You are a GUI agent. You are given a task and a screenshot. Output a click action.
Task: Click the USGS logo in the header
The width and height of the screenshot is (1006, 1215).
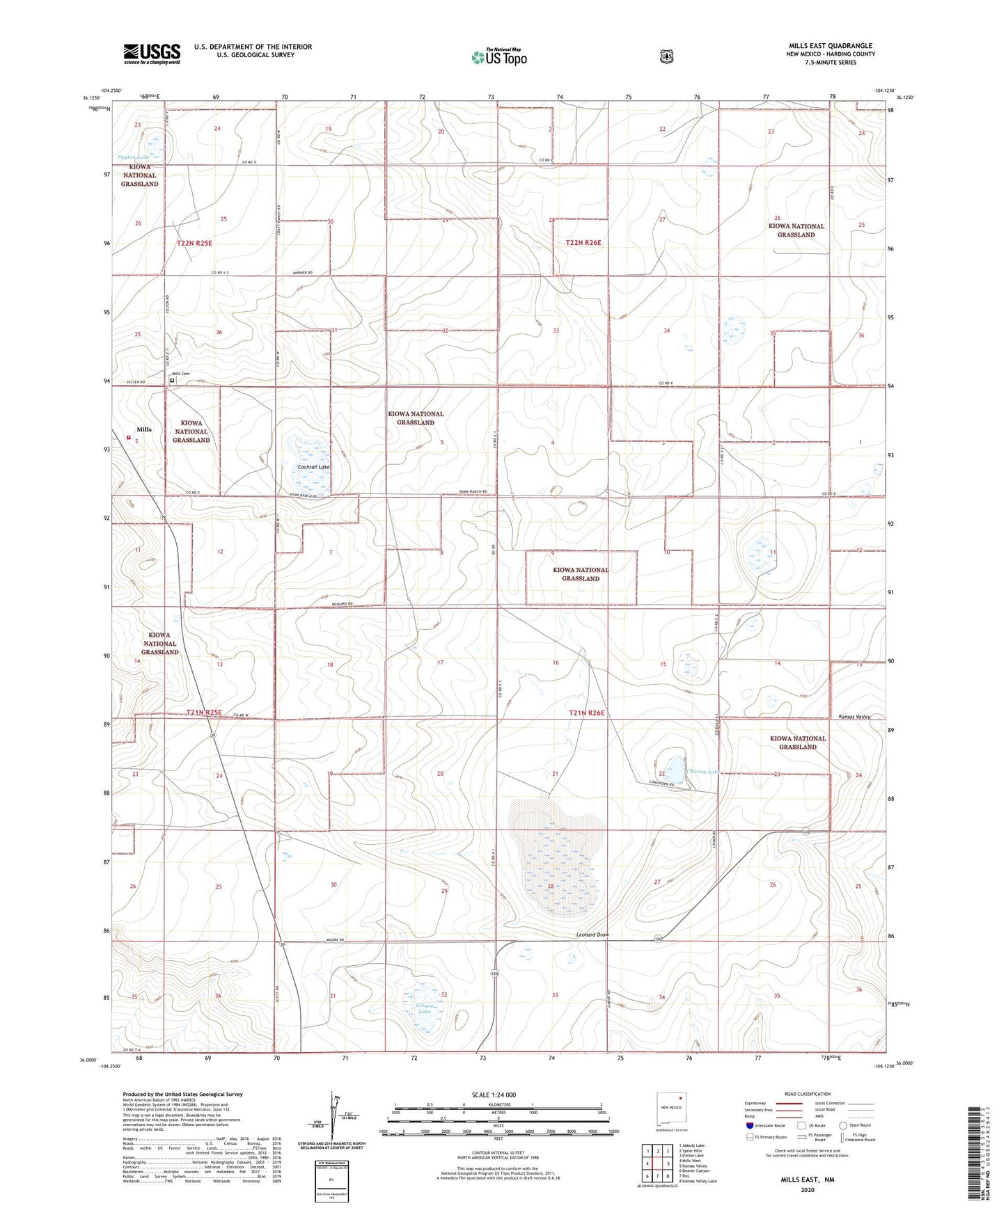click(x=152, y=54)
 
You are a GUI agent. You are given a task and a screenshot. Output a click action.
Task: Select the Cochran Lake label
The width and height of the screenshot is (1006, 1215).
click(x=313, y=467)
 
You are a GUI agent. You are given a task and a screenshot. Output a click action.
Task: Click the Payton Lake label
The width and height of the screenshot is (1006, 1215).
click(x=134, y=157)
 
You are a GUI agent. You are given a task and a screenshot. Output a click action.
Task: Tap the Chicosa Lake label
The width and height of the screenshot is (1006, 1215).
click(x=702, y=771)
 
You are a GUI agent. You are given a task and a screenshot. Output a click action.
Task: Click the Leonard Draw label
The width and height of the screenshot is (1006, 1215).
click(x=592, y=935)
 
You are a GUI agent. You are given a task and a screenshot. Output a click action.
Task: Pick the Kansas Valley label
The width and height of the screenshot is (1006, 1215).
click(x=854, y=717)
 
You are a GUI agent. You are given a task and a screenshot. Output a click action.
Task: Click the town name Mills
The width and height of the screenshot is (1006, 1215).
click(x=144, y=429)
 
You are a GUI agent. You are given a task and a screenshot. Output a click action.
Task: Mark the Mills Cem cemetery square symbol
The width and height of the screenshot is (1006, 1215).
click(x=172, y=381)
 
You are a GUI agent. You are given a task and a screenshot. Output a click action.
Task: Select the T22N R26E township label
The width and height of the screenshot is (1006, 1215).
click(x=583, y=243)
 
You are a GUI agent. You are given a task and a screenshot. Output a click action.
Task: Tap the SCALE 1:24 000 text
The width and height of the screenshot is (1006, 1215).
click(x=494, y=1095)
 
